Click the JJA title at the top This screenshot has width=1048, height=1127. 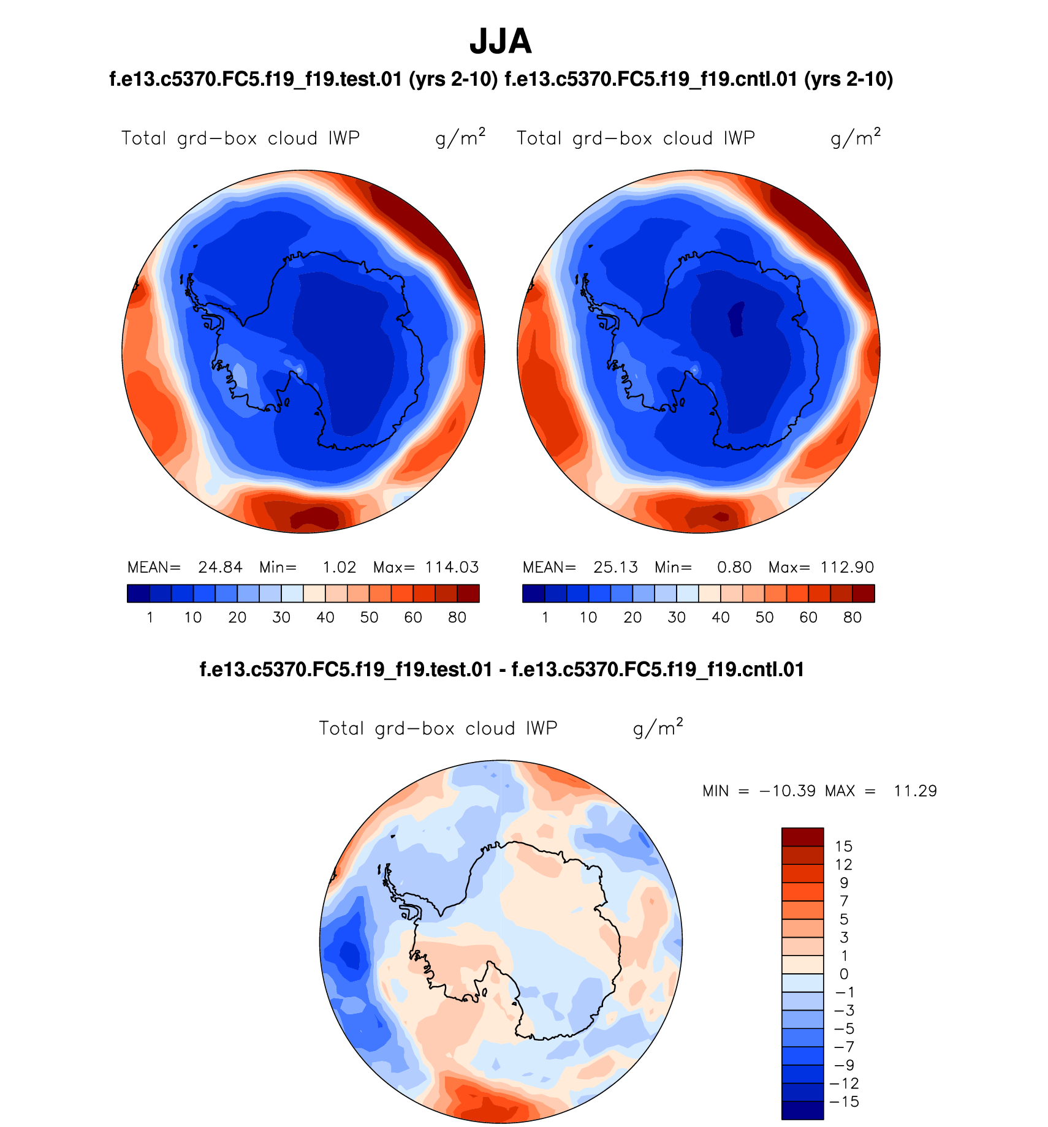[x=500, y=42]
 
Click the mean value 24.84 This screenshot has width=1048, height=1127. [x=220, y=567]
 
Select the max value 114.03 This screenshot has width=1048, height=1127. [x=452, y=567]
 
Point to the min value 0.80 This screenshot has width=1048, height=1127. [x=734, y=567]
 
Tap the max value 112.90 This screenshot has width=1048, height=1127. [x=847, y=567]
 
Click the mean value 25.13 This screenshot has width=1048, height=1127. [x=615, y=567]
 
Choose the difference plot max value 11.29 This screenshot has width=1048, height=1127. [x=915, y=791]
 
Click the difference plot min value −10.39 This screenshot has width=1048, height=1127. [x=788, y=791]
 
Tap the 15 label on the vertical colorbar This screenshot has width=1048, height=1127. [x=844, y=846]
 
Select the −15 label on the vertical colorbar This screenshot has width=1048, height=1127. [x=844, y=1101]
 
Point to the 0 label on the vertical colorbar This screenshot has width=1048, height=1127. [x=844, y=974]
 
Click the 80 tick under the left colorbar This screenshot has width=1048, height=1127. [x=457, y=617]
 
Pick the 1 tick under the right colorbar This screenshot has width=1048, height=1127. [x=545, y=617]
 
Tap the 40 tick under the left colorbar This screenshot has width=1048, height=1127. [x=325, y=617]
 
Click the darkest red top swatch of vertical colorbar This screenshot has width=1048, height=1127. [x=802, y=837]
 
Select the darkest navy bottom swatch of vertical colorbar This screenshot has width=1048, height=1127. [x=802, y=1110]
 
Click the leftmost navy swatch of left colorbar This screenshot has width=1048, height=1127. [x=138, y=594]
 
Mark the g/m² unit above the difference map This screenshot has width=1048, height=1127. [x=658, y=727]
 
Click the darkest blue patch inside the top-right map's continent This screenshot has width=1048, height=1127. [x=736, y=318]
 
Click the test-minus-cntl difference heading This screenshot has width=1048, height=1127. [x=501, y=669]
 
